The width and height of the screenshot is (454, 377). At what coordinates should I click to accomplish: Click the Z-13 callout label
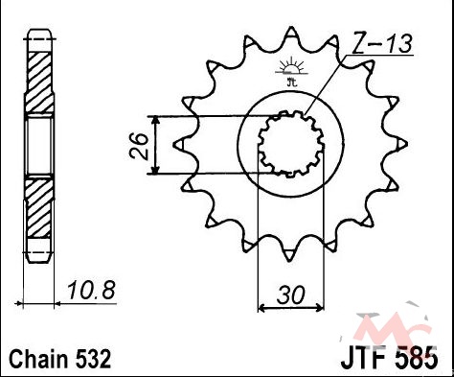pyautogui.click(x=382, y=43)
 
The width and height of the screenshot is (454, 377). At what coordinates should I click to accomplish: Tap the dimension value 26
pyautogui.click(x=139, y=146)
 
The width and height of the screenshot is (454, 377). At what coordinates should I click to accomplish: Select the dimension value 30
pyautogui.click(x=290, y=295)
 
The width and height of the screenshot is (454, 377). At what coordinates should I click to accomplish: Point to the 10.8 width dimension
pyautogui.click(x=91, y=290)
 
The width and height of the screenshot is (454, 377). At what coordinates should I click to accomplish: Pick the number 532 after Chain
pyautogui.click(x=94, y=359)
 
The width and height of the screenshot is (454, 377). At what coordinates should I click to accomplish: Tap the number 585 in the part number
pyautogui.click(x=417, y=359)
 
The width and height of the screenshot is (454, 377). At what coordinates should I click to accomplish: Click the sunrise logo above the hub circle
pyautogui.click(x=291, y=71)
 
